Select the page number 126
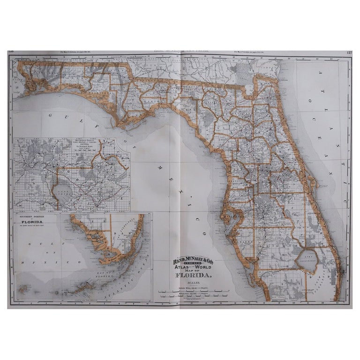[x=11, y=53]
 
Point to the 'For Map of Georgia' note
[x=253, y=52]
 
